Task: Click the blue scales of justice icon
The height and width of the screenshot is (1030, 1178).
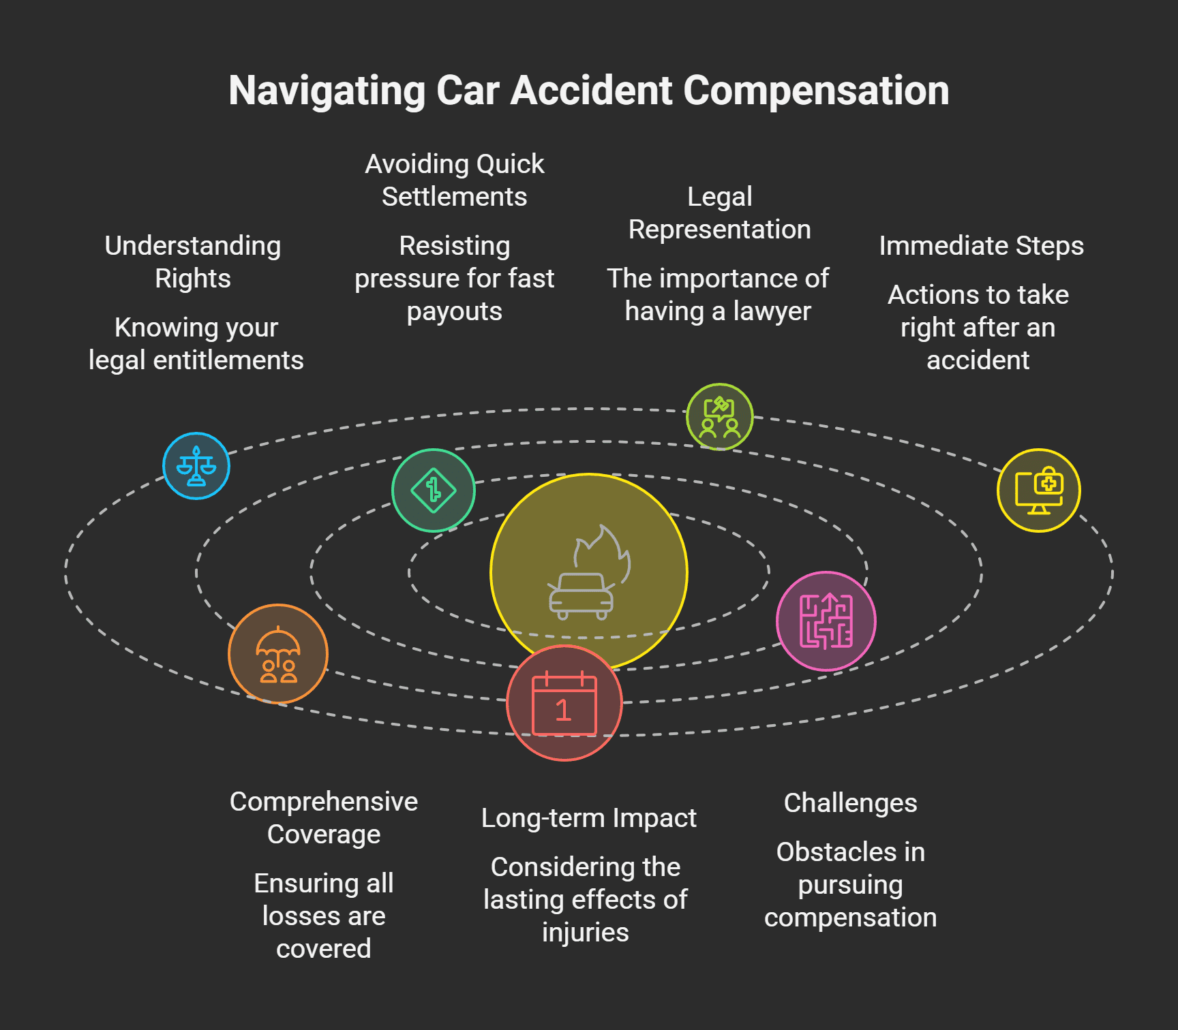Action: pos(196,466)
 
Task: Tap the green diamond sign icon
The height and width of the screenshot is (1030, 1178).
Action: pos(434,490)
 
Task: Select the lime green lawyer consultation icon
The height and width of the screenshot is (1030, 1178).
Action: pos(720,417)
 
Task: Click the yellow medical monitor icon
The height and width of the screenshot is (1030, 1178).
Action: pos(1039,490)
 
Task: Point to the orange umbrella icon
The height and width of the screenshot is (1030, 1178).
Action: pos(278,654)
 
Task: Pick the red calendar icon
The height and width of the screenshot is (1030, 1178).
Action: pos(564,703)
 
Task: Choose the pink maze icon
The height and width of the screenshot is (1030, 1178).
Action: pos(826,621)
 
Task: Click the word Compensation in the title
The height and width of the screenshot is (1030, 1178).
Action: pos(816,91)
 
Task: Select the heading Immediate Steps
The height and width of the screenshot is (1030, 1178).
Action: pos(981,246)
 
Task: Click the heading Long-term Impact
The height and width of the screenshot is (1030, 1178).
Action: pos(589,818)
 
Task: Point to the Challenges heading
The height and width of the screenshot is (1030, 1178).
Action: pos(850,803)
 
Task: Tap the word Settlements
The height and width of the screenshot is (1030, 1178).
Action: pos(454,197)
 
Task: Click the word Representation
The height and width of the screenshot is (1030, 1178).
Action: pos(720,230)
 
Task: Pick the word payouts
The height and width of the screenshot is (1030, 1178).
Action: pos(454,311)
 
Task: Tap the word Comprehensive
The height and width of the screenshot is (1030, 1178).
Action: pos(324,802)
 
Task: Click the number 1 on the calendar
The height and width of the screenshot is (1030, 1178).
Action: pos(563,711)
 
